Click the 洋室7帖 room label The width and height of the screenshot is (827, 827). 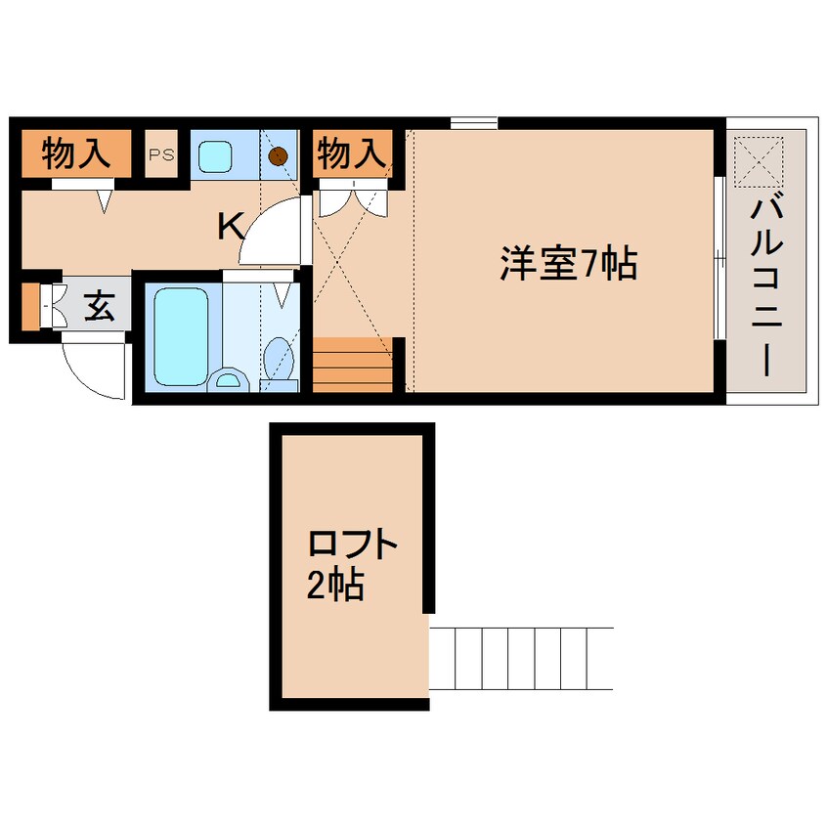tap(568, 263)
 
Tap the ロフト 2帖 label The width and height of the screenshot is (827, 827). tap(351, 564)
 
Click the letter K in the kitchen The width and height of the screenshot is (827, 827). tap(230, 227)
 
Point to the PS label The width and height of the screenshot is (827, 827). tap(161, 154)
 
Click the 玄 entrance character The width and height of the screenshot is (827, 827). tap(98, 307)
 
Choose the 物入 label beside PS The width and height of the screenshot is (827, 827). tap(75, 152)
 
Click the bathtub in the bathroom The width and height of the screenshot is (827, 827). tap(182, 332)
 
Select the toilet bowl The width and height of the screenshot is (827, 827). tap(281, 357)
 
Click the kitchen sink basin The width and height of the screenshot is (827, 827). tap(214, 154)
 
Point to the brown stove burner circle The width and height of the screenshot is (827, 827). tap(280, 154)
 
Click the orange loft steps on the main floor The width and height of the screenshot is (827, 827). tap(352, 364)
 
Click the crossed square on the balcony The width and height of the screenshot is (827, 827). tap(758, 160)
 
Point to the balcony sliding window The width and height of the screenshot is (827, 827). tap(718, 259)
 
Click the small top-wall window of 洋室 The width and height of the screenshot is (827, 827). tap(474, 122)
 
